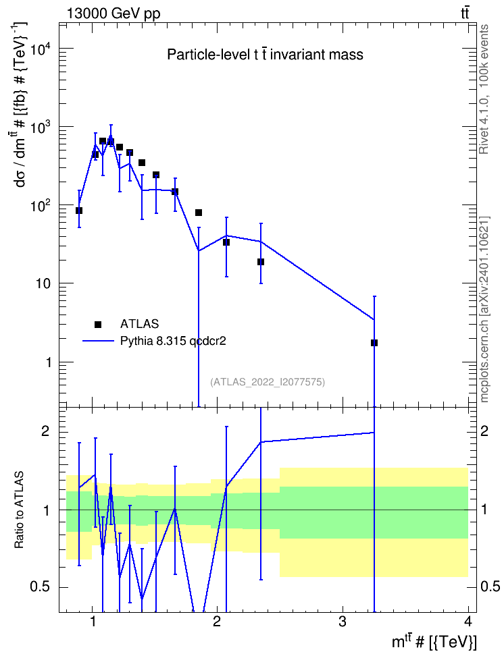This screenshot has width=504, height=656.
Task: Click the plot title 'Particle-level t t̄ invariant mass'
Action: [265, 55]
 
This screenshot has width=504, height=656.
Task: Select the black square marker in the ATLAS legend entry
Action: [98, 324]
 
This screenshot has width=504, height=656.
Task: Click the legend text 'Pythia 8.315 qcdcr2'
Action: [173, 341]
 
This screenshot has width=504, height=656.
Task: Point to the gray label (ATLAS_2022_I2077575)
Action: [268, 382]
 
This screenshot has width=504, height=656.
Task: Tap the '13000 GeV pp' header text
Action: [114, 13]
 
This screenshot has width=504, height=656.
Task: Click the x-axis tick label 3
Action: [343, 622]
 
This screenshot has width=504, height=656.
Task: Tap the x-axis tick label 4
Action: [468, 622]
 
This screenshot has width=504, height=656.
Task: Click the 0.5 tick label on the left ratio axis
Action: [41, 587]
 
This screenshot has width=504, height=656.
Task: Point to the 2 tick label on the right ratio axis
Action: [484, 431]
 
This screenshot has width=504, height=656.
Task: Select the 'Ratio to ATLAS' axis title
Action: [19, 510]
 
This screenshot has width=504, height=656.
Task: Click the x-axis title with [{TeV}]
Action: [434, 642]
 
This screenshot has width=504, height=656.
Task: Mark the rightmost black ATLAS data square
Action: [374, 343]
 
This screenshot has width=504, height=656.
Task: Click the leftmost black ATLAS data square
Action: [79, 211]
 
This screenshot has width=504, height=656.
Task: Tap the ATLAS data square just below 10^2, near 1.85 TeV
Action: [199, 213]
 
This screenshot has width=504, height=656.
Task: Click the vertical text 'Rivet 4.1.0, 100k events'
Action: [484, 89]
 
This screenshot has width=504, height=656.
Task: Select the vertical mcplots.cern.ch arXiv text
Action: [484, 310]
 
